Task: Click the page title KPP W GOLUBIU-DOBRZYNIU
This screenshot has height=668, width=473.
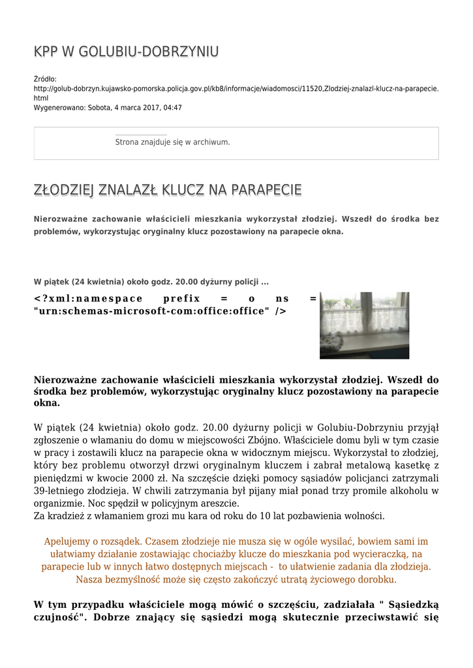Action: point(126,52)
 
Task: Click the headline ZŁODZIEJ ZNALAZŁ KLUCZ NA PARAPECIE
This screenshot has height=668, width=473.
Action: point(168,190)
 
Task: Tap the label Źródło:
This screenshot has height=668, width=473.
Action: point(45,79)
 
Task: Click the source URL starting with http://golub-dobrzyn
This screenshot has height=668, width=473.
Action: point(236,88)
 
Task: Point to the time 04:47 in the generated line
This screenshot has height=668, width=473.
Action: point(173,108)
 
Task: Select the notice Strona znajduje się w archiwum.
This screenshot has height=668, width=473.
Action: point(172,142)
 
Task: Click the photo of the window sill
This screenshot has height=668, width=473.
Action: point(364,326)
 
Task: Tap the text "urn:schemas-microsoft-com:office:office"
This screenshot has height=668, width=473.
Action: point(151,311)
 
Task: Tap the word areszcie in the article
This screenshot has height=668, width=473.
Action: point(217,503)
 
